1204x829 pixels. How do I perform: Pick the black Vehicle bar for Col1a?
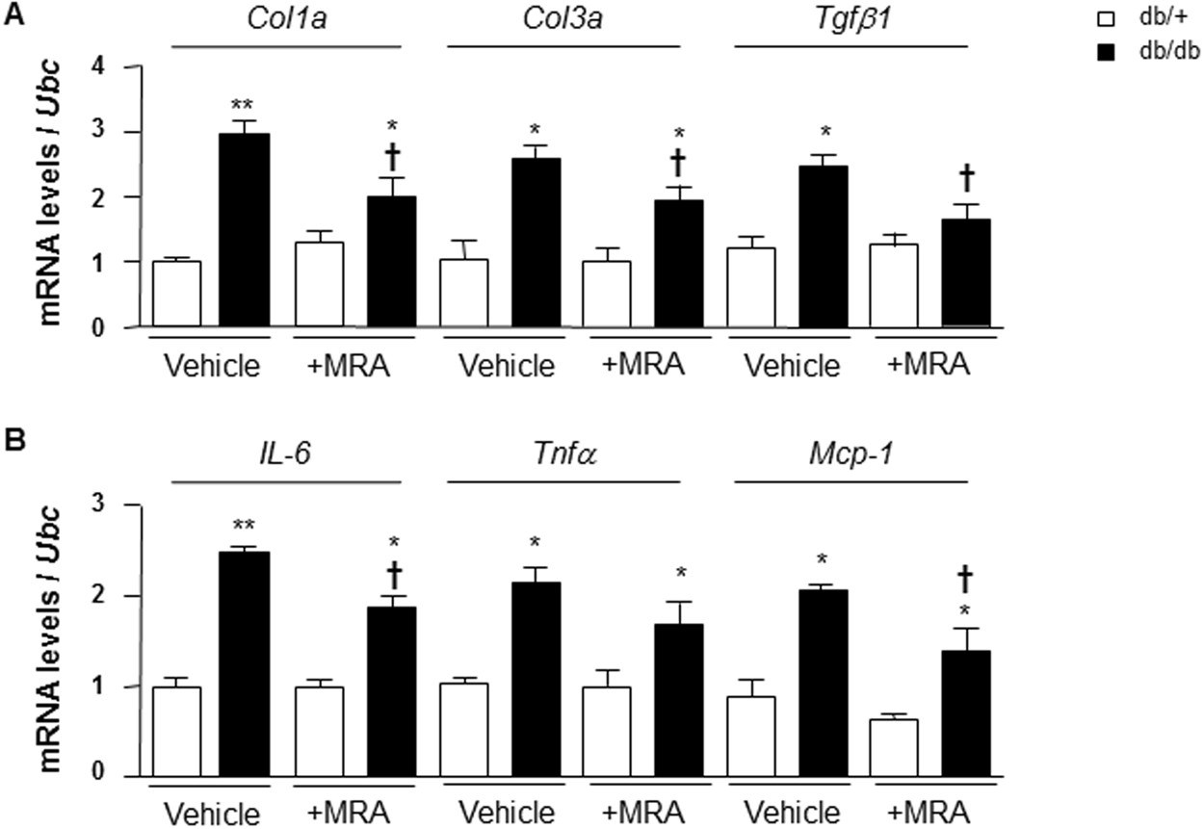point(245,231)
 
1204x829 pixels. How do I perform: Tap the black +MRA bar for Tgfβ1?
point(964,273)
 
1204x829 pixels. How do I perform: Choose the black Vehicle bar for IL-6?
point(245,664)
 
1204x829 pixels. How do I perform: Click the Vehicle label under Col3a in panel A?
point(507,366)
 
